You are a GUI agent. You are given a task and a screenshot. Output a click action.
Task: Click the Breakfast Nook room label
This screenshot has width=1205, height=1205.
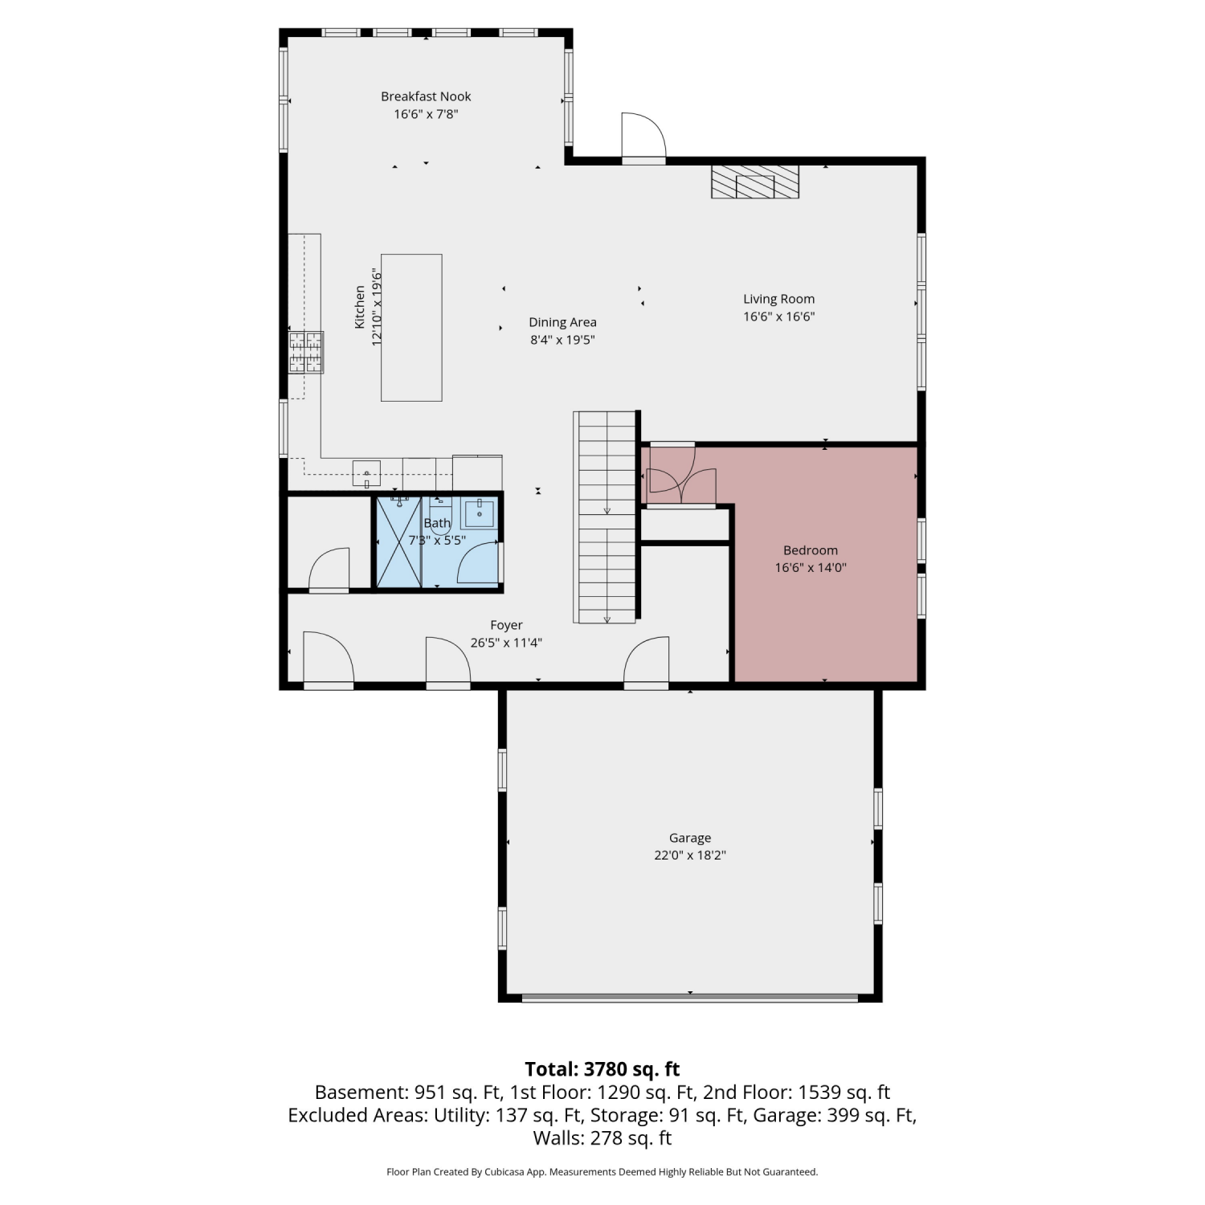[426, 96]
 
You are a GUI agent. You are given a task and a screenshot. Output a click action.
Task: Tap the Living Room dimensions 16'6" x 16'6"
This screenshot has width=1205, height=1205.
[778, 317]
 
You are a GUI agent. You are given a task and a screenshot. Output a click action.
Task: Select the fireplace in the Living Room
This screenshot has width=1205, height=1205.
[755, 182]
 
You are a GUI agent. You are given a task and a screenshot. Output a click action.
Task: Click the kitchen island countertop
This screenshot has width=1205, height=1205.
[411, 327]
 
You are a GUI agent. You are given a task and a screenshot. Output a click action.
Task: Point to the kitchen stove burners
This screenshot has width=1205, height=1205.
[306, 352]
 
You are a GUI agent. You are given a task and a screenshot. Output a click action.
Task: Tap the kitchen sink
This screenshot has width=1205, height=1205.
[367, 472]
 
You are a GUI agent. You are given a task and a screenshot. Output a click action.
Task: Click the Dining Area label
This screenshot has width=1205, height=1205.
[562, 322]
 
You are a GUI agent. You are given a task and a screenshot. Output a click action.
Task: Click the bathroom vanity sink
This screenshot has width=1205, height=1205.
[480, 512]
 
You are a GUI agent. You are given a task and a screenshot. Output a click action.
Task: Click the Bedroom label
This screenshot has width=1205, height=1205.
[811, 550]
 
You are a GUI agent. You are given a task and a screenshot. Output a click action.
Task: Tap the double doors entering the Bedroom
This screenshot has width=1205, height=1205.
[682, 476]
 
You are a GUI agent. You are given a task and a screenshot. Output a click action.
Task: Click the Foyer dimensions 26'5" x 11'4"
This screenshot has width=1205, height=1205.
[506, 643]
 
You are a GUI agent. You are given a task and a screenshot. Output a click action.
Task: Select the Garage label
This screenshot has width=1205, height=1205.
[690, 838]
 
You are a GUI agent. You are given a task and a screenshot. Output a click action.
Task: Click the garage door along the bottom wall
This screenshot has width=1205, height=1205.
[690, 998]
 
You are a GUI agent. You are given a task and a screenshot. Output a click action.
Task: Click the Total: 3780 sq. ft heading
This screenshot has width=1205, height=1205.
[602, 1069]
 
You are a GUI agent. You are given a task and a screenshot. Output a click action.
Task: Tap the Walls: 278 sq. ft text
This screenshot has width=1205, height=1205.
[602, 1138]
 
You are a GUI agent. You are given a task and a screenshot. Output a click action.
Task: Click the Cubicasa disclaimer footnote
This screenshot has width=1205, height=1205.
[602, 1172]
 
